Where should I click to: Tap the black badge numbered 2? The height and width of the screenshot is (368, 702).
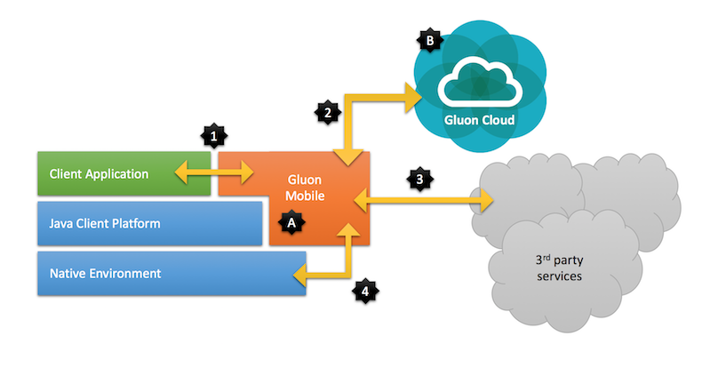pyautogui.click(x=328, y=112)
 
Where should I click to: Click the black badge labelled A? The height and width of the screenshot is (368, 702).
pyautogui.click(x=290, y=225)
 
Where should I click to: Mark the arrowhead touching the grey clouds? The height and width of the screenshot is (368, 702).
pyautogui.click(x=487, y=202)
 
